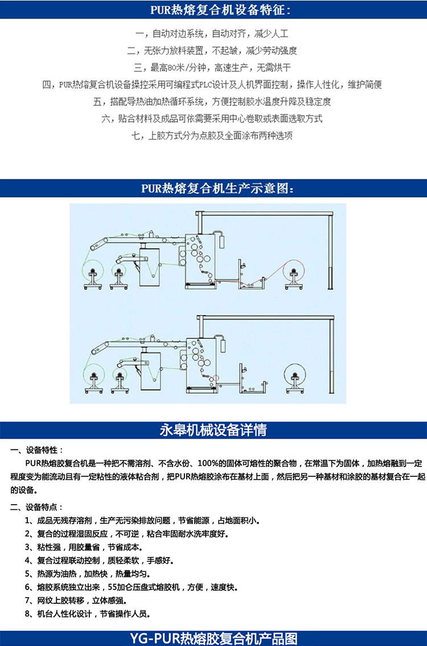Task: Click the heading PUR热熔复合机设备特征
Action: (213, 10)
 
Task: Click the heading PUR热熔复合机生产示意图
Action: (213, 188)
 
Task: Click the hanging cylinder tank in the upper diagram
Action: (223, 241)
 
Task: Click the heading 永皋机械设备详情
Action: (213, 430)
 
